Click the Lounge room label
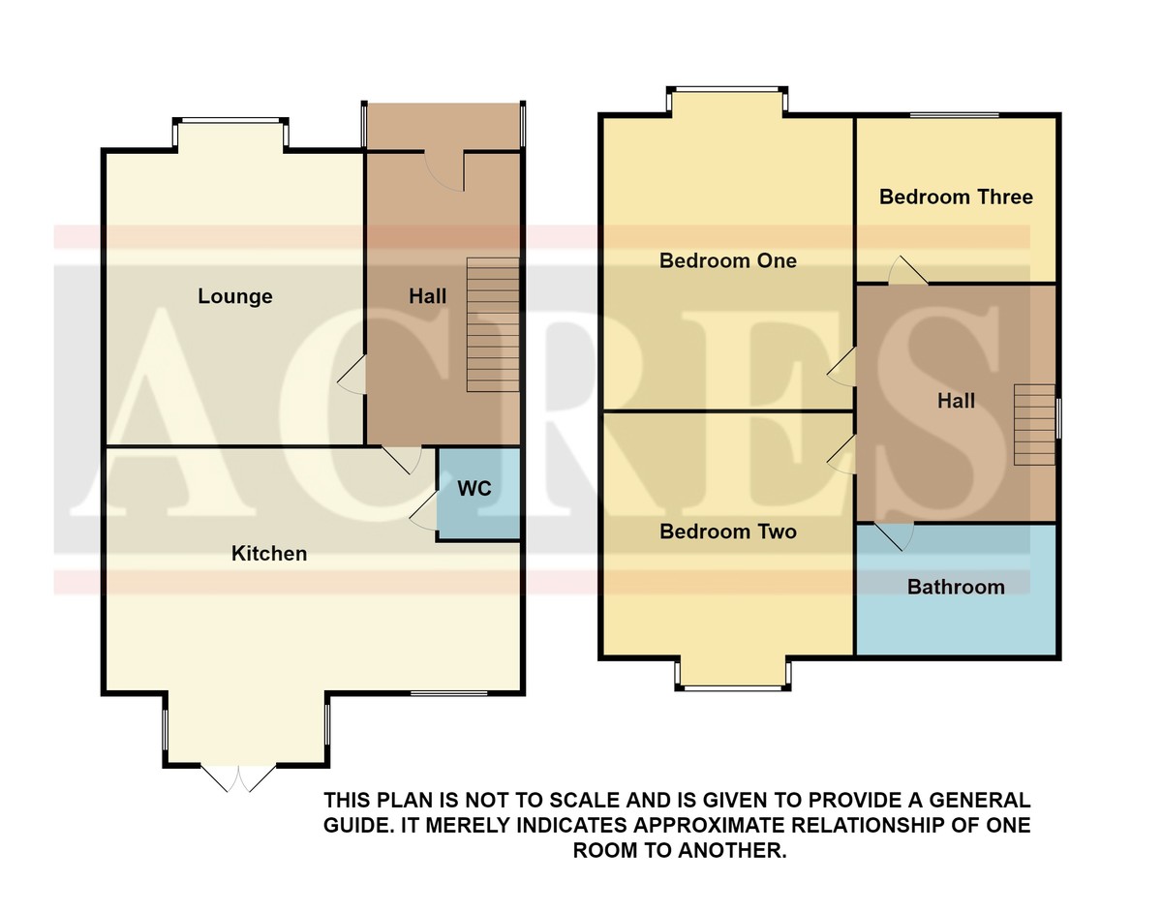235,296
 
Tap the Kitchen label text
269,554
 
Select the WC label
474,489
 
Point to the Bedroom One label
728,260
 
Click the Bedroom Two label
728,532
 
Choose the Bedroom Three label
956,197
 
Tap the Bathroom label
956,587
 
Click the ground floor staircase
493,325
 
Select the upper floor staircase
1035,424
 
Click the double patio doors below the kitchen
238,779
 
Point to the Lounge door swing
352,376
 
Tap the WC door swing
424,511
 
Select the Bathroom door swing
894,536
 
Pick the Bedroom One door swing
841,366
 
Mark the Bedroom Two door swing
841,454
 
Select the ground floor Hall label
427,296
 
